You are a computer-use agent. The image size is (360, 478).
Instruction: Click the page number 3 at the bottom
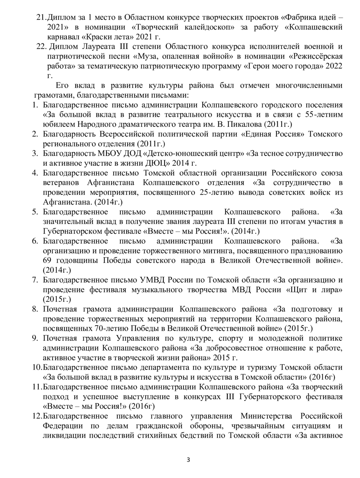coord(189,460)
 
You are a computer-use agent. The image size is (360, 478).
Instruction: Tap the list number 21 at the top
coord(41,17)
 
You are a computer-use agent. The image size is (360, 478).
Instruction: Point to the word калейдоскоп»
coord(207,27)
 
